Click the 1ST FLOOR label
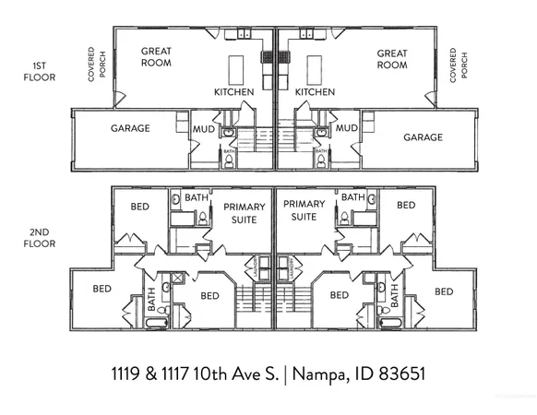point(42,72)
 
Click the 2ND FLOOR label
point(42,238)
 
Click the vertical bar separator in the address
point(286,374)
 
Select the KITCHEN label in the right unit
point(315,92)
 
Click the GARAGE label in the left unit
point(131,128)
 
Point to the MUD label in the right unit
point(347,129)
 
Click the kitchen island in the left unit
point(236,69)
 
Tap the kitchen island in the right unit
point(316,69)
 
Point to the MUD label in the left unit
point(203,129)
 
